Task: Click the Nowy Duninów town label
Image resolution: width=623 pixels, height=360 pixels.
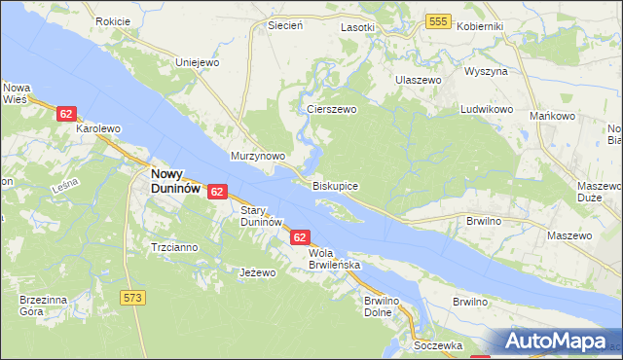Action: click(x=175, y=181)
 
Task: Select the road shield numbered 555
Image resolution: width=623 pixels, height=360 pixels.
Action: click(x=438, y=21)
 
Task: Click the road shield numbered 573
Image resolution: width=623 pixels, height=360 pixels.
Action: click(x=133, y=295)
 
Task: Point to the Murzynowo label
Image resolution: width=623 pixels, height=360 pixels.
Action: click(x=257, y=156)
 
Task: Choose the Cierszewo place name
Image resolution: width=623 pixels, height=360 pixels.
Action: click(x=332, y=110)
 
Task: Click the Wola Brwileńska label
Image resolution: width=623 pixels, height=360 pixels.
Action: click(x=335, y=258)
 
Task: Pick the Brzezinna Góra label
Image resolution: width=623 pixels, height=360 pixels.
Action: click(x=43, y=306)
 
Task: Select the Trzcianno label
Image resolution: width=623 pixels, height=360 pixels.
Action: click(x=174, y=247)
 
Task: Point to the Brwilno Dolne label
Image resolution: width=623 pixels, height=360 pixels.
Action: click(x=382, y=307)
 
